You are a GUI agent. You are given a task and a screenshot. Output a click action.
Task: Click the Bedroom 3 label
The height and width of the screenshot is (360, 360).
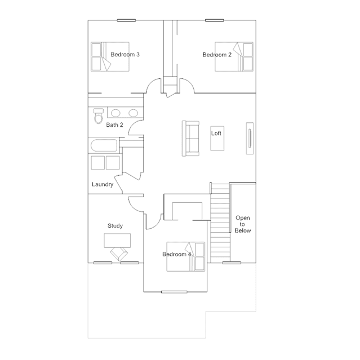click(125, 55)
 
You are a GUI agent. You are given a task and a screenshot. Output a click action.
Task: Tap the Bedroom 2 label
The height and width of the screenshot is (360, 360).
click(217, 55)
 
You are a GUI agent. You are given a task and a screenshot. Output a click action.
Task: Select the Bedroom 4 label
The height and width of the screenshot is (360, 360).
click(176, 254)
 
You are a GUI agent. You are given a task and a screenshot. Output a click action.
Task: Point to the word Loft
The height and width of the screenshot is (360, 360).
click(216, 133)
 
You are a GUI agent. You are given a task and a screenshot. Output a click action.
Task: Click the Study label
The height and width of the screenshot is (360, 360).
click(115, 226)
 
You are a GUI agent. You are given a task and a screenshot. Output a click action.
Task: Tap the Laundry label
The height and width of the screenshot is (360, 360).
click(103, 184)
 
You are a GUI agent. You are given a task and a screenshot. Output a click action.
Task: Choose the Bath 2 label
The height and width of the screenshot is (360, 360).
click(114, 125)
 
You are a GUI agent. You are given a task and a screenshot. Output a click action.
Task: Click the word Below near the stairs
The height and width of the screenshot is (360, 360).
click(243, 230)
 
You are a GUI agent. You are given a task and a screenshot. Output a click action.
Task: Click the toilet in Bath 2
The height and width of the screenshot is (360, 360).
click(99, 116)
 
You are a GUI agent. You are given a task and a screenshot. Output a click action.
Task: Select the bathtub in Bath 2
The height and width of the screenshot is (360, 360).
click(104, 145)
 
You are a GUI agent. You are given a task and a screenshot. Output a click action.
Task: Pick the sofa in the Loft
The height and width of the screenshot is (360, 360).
click(190, 139)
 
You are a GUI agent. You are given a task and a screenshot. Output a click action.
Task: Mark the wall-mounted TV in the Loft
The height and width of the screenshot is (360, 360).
click(250, 138)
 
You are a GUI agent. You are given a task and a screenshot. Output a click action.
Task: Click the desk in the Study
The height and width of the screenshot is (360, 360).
click(117, 241)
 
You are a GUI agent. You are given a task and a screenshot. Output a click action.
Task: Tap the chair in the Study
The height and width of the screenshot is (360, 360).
click(119, 254)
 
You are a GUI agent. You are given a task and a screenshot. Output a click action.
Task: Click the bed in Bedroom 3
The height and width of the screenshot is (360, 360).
click(110, 56)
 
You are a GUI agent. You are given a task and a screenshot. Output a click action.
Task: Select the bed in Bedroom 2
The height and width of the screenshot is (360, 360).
click(234, 56)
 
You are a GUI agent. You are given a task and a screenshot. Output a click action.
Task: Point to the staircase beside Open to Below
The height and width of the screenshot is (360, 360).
click(220, 223)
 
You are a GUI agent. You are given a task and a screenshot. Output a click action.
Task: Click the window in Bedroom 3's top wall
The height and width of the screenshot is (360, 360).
click(126, 20)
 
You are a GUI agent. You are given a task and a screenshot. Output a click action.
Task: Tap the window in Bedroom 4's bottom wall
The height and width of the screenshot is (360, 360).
click(174, 292)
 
